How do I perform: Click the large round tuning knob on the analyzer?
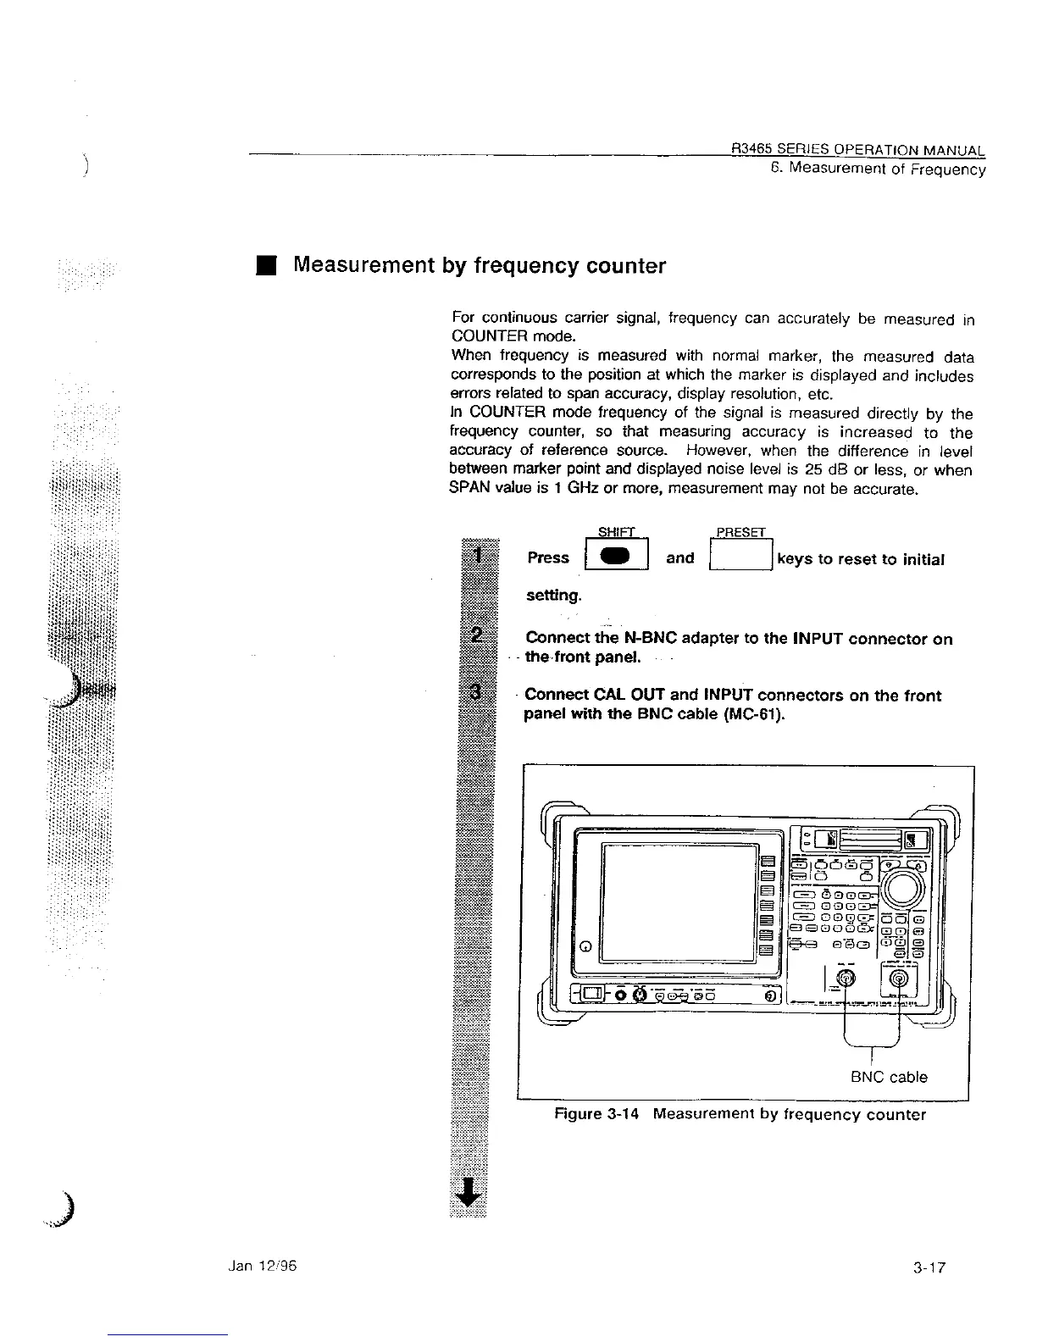tap(905, 886)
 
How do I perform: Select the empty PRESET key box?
tap(740, 557)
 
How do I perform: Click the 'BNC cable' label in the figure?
tap(889, 1077)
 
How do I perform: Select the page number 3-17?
tap(929, 1268)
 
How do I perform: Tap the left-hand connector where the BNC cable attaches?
tap(846, 981)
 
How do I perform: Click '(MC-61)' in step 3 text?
tap(754, 714)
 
